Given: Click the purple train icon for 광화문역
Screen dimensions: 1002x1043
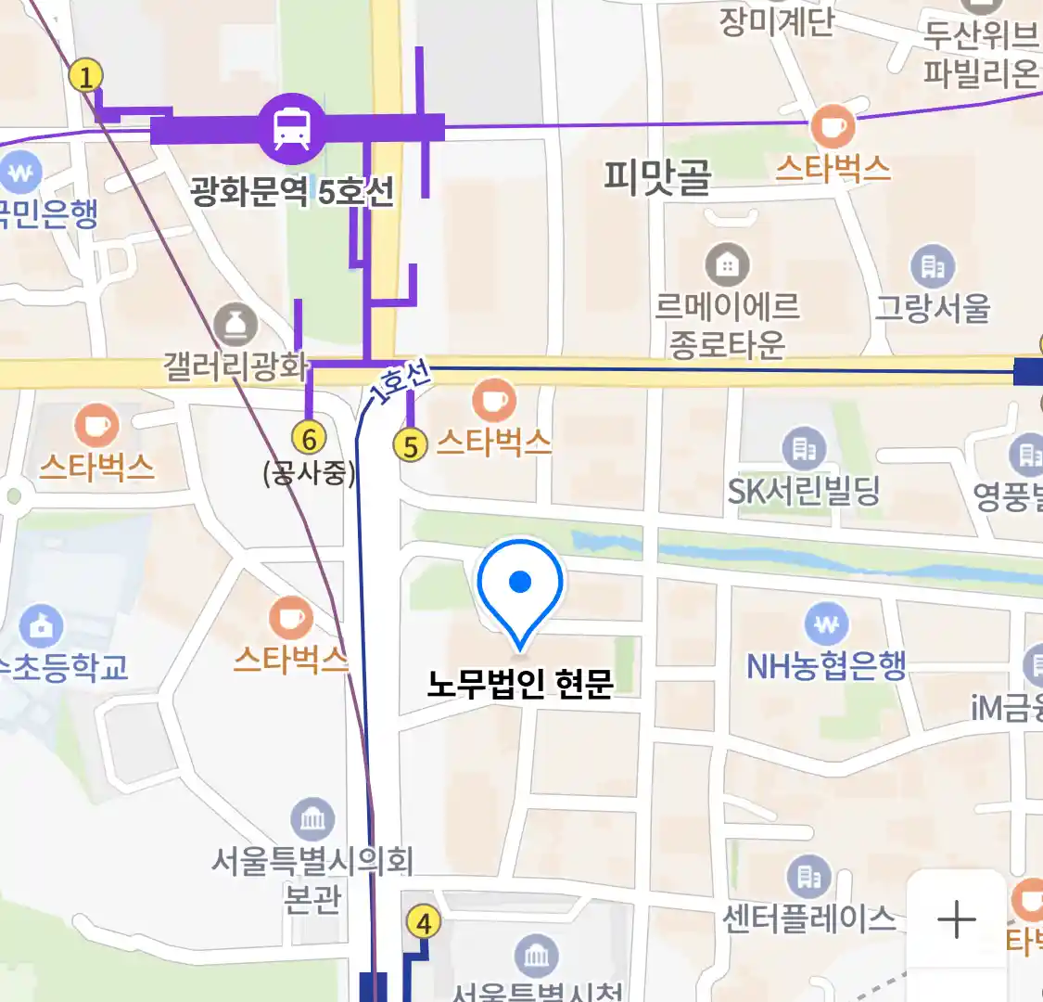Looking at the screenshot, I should [x=292, y=129].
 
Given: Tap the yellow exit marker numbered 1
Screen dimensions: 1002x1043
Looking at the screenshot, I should [x=86, y=76].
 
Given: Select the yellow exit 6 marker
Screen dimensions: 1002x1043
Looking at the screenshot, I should [x=309, y=438].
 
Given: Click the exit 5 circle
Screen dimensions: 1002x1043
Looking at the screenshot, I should [x=410, y=446].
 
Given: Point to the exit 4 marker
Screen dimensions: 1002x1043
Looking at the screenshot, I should [x=424, y=923].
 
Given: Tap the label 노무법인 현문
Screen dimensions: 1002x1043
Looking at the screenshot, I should [x=520, y=684].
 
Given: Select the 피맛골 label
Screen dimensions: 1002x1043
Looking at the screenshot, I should [x=657, y=174].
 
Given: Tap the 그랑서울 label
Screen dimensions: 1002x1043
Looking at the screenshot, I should [x=933, y=307].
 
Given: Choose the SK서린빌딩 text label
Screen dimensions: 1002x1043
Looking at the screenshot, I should [x=803, y=491].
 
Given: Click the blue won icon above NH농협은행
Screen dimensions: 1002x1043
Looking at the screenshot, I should [x=825, y=623].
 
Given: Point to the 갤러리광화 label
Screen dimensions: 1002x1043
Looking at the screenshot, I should [x=235, y=366].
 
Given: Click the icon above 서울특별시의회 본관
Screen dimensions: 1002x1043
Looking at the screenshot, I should [x=312, y=819].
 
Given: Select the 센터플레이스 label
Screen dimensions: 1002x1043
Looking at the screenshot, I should [x=809, y=918].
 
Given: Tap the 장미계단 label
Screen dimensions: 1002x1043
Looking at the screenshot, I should [x=777, y=20].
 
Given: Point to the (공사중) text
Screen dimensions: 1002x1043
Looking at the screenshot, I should [x=309, y=473].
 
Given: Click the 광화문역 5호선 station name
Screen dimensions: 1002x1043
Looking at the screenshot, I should [x=292, y=192].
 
